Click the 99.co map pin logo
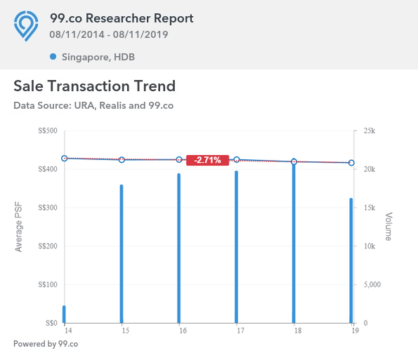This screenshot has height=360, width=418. click(26, 26)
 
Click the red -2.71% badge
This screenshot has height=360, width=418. click(207, 160)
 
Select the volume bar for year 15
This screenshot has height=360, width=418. click(122, 254)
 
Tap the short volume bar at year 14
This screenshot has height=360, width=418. click(64, 314)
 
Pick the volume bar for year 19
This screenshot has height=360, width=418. click(351, 260)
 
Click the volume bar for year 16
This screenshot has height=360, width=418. click(179, 248)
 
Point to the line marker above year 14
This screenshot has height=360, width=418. click(64, 158)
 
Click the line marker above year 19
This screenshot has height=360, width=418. click(351, 163)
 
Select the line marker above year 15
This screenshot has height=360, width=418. click(122, 160)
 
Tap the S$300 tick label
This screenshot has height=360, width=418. click(48, 208)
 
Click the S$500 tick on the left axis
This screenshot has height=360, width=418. click(48, 131)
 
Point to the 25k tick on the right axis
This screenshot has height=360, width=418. click(370, 131)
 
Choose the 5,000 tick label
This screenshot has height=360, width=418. click(372, 285)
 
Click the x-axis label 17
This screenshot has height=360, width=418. click(240, 331)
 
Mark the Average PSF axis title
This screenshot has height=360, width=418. click(18, 227)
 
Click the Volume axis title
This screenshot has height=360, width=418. click(388, 227)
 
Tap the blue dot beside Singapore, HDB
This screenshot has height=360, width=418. click(53, 57)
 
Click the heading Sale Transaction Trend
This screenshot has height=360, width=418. click(95, 86)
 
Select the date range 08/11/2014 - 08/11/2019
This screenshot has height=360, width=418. click(109, 34)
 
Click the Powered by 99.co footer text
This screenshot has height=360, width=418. click(46, 344)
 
